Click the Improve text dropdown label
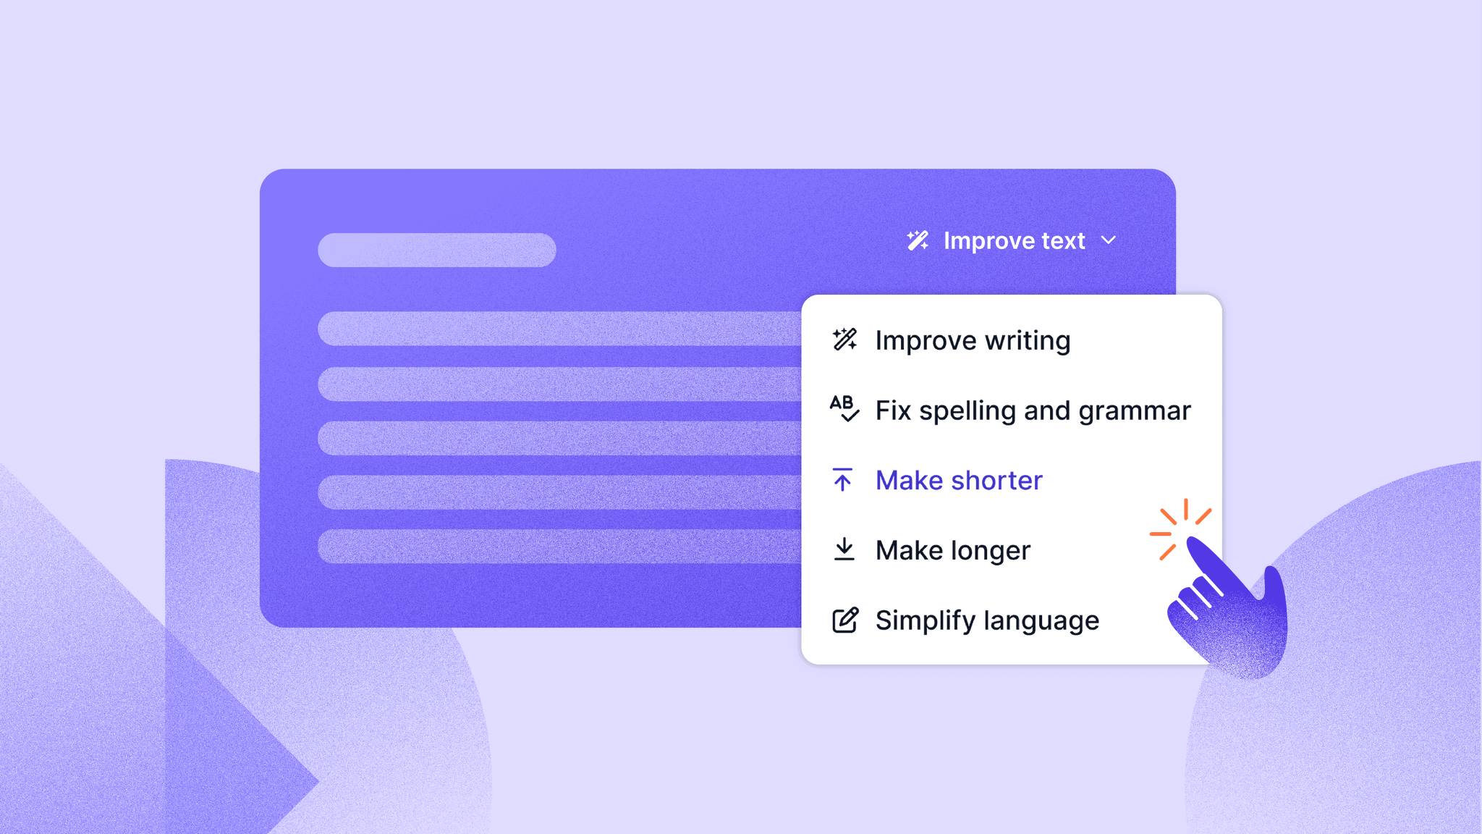pos(1014,241)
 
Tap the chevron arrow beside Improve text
pos(1109,240)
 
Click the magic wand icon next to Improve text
pos(918,240)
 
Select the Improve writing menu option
pos(973,340)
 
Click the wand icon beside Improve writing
pos(844,339)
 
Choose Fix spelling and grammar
pos(1033,410)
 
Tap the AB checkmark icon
pos(844,408)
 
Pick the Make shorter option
pos(959,480)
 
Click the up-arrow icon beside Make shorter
pos(842,479)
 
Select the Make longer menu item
pos(953,550)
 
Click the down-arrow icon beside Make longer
pos(844,549)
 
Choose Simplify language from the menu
pos(987,620)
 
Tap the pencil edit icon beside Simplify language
pos(844,620)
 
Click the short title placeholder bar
pos(437,250)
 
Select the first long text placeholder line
pos(559,329)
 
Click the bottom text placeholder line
pos(559,547)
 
